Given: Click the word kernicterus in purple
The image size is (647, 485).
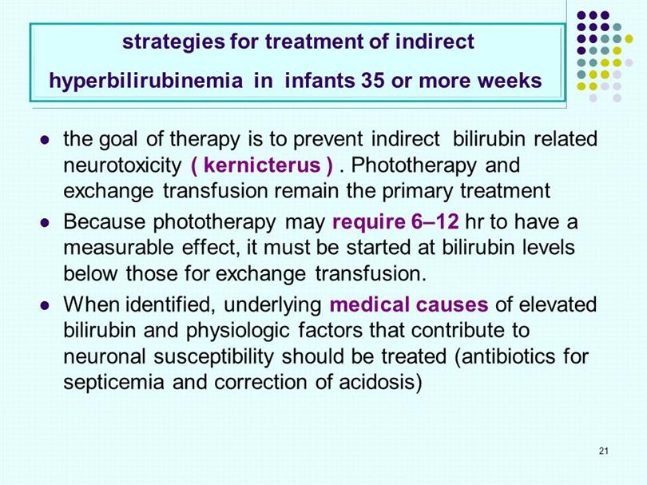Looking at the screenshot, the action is coord(262,165).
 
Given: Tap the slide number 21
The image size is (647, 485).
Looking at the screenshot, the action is coord(604,451).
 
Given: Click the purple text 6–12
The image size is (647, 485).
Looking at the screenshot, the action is coord(435,222).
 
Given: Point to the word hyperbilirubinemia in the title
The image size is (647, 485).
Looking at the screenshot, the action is coord(145,81).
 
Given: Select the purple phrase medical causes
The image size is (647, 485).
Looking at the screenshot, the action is coord(409,304).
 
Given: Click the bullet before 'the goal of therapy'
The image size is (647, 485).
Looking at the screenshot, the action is coord(45,140).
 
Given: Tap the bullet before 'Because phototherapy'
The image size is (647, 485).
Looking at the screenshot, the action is coord(45,223).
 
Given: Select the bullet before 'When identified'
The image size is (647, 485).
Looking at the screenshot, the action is coord(45,306).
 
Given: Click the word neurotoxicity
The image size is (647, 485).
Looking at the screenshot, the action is coord(122,166).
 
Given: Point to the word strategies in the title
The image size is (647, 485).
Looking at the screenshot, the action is coord(173,42).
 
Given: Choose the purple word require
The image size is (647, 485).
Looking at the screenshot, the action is coord(368,223).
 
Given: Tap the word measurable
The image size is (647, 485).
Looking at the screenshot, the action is coord(118,248).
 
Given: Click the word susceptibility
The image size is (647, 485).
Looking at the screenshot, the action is coord(213,357).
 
